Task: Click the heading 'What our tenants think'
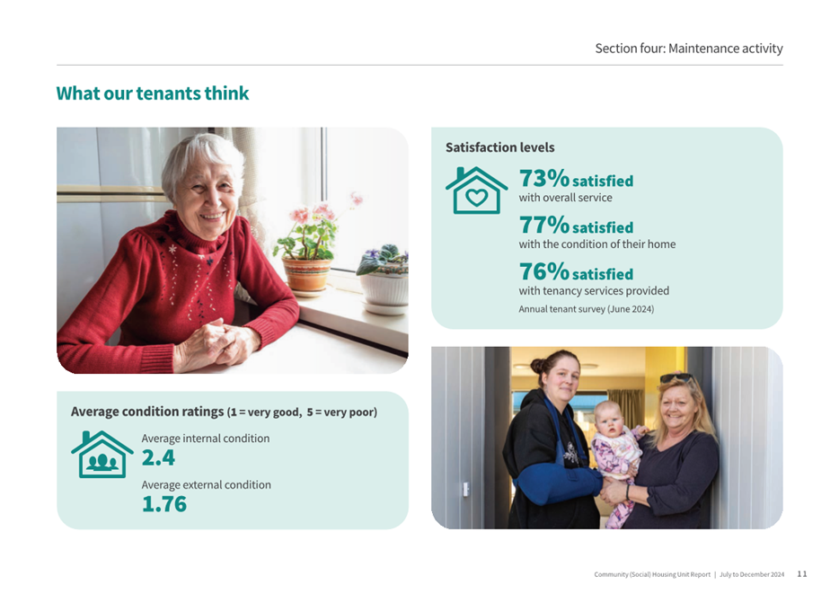pyautogui.click(x=153, y=93)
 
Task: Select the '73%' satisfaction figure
pyautogui.click(x=544, y=178)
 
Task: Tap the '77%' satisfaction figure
pyautogui.click(x=544, y=225)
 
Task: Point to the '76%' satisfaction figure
pyautogui.click(x=544, y=271)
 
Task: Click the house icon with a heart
pyautogui.click(x=476, y=191)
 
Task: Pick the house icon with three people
pyautogui.click(x=102, y=455)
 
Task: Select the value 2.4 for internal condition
pyautogui.click(x=158, y=458)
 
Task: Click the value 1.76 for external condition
pyautogui.click(x=164, y=504)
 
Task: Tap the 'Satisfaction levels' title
pyautogui.click(x=499, y=147)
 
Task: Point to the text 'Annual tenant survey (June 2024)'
pyautogui.click(x=586, y=309)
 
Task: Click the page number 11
pyautogui.click(x=802, y=573)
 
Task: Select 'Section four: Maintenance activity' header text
pyautogui.click(x=689, y=49)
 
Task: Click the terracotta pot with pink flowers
pyautogui.click(x=307, y=274)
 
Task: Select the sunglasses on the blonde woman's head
pyautogui.click(x=677, y=377)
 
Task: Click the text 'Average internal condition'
pyautogui.click(x=206, y=439)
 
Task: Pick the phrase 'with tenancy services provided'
pyautogui.click(x=594, y=290)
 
